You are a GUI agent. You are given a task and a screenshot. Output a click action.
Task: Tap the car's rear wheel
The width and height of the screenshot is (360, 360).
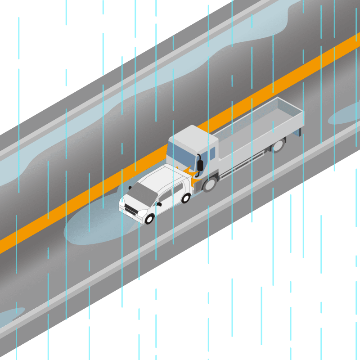click(x=186, y=198)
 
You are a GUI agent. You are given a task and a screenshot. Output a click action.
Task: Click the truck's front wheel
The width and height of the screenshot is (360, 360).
click(x=209, y=184)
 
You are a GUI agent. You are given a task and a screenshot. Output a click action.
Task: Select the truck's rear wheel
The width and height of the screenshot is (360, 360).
click(x=278, y=145)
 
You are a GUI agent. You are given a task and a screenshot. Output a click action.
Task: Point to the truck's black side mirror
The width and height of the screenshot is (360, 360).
click(x=200, y=165)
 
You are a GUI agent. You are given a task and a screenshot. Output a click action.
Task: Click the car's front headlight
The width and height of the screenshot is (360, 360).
click(x=142, y=213)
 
